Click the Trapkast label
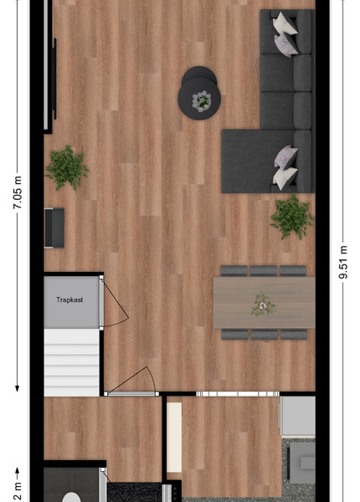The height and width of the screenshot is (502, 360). click(69, 300)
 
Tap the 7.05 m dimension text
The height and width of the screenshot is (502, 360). click(18, 192)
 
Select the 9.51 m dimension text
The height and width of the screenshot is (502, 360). click(343, 262)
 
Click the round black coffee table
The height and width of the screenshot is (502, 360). click(199, 93)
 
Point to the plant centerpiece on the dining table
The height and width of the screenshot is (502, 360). click(263, 305)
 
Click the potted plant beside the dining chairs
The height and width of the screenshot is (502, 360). click(292, 217)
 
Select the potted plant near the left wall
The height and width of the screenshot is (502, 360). click(67, 167)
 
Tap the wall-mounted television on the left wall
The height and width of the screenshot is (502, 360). click(54, 79)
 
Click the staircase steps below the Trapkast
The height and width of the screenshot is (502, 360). click(71, 362)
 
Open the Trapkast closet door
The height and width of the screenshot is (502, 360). click(101, 303)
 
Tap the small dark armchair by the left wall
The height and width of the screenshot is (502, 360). click(54, 228)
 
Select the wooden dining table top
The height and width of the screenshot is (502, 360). click(265, 303)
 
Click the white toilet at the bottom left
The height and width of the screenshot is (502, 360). click(71, 497)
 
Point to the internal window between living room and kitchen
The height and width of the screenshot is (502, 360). click(237, 394)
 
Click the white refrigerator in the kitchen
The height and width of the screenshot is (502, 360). click(298, 416)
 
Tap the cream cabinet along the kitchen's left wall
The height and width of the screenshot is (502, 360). click(174, 438)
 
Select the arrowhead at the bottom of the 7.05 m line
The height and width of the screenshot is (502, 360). click(18, 389)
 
